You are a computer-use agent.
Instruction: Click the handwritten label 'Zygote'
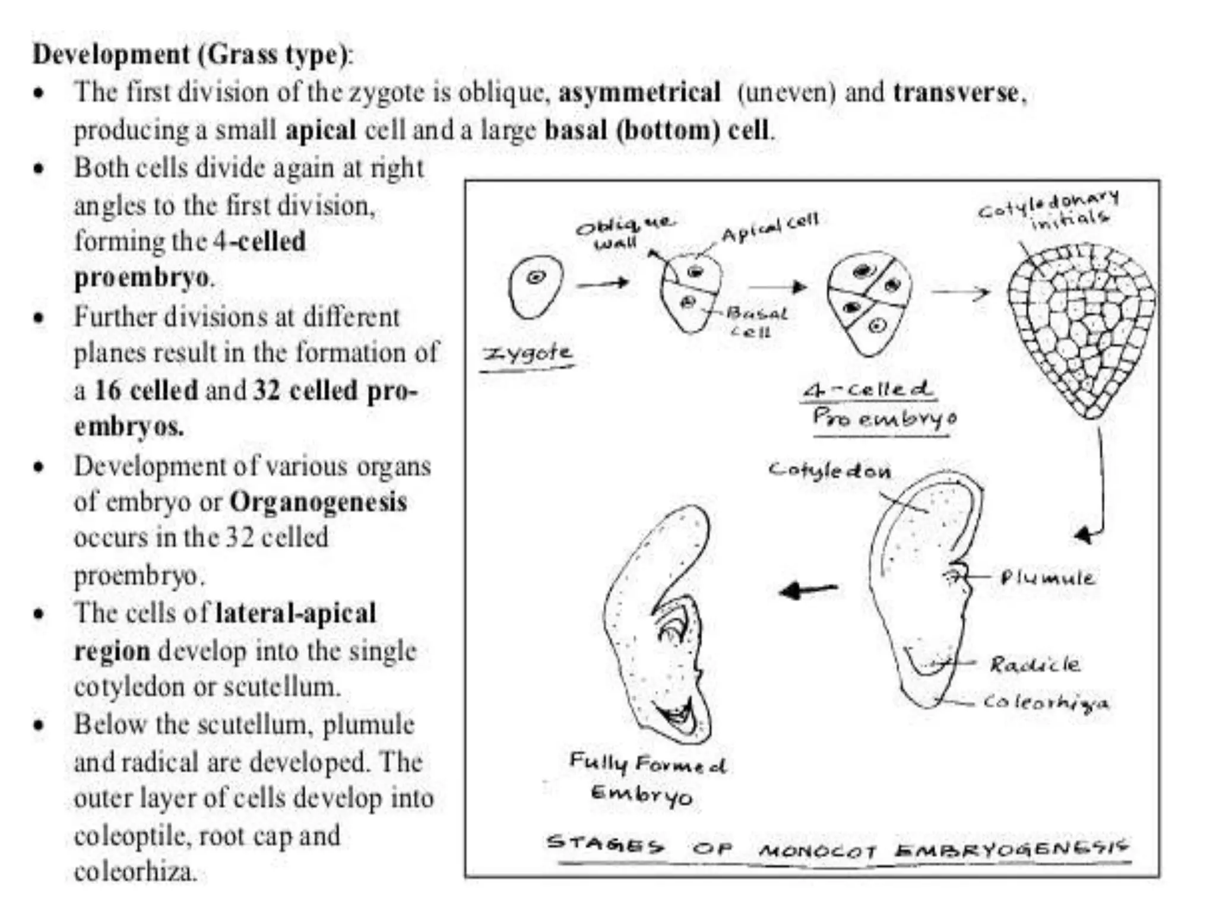528,354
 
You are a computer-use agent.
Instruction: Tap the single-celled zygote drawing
536,287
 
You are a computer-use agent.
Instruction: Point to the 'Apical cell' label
769,227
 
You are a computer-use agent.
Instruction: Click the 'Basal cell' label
756,321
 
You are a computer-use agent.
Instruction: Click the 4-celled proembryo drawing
869,302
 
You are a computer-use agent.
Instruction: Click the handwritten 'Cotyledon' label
829,471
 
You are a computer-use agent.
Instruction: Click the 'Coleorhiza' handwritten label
1045,702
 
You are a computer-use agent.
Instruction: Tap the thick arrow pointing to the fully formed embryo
808,590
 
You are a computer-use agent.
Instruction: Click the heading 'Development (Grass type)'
192,55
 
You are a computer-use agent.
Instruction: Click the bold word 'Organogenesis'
318,502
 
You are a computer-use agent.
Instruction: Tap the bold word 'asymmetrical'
639,93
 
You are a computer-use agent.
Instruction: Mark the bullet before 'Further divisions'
39,318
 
